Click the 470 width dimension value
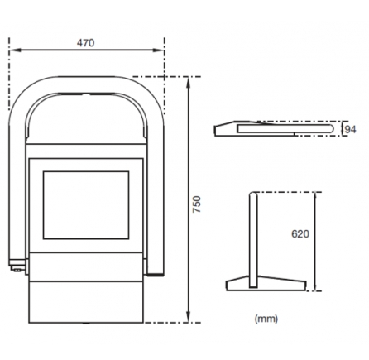click(85, 43)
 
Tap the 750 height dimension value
click(197, 204)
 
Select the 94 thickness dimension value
click(350, 129)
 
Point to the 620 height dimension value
click(300, 234)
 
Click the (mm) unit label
click(266, 319)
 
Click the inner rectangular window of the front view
click(86, 205)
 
